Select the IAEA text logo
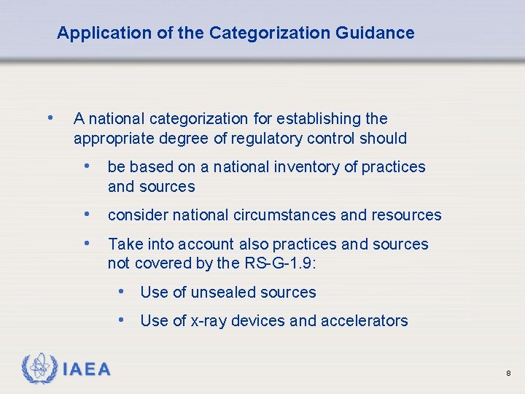[87, 369]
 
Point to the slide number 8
[508, 374]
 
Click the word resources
[406, 215]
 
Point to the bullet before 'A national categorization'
[49, 117]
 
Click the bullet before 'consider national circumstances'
[87, 214]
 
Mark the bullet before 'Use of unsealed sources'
[122, 291]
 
